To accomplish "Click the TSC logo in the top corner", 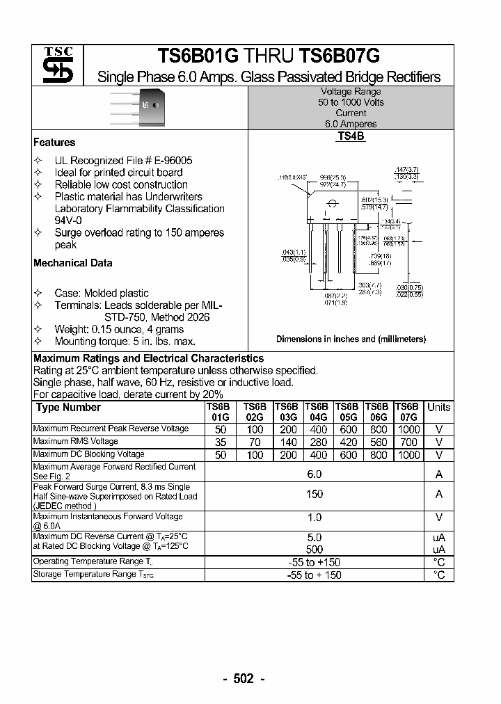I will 58,66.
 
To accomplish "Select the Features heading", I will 54,143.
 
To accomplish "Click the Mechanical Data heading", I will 72,263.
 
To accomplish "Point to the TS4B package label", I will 351,137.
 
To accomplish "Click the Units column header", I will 438,408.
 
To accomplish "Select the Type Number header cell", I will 68,408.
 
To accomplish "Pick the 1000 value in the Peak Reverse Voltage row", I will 408,430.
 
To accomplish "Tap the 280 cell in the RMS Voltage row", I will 319,442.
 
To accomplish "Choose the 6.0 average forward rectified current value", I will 315,474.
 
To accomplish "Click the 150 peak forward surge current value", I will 315,494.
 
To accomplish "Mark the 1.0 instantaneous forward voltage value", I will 315,518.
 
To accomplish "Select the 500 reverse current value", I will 315,549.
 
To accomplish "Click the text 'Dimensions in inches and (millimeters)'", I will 351,339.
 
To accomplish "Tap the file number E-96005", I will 169,161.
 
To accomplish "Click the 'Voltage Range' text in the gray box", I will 351,92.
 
